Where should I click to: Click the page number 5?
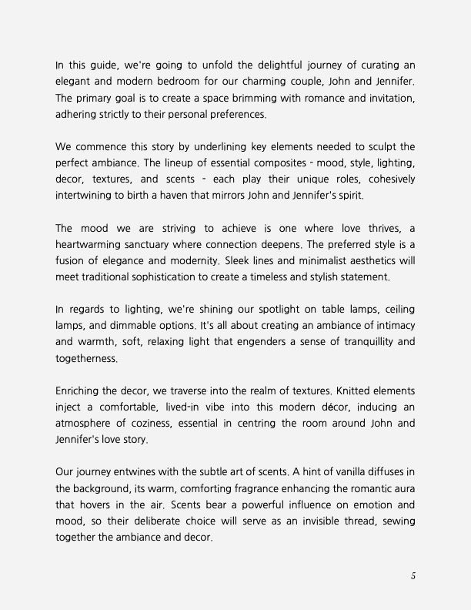[x=413, y=575]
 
